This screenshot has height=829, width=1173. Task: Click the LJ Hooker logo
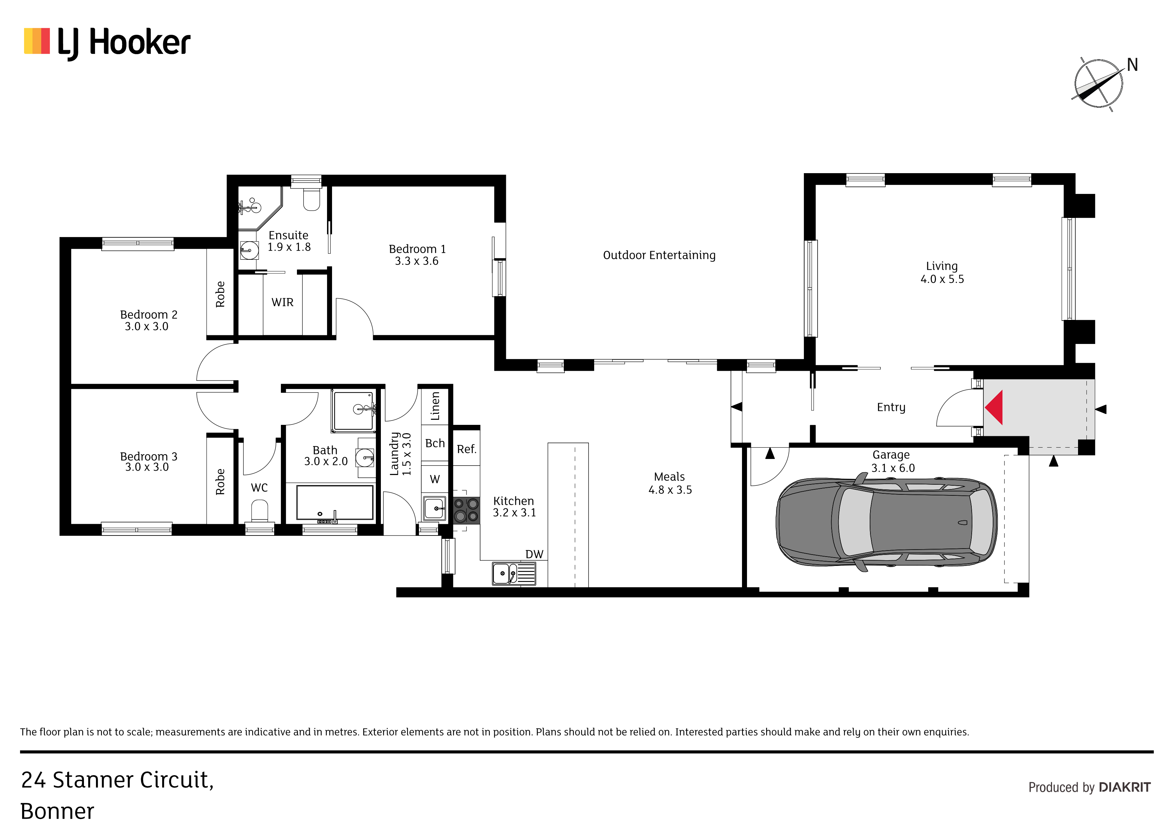(x=107, y=43)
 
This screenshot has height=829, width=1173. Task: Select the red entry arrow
(x=994, y=407)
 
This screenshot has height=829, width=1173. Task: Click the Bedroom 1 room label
(x=417, y=255)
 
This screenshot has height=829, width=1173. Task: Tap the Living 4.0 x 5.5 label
(x=942, y=272)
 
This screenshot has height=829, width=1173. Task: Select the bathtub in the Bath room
(x=335, y=503)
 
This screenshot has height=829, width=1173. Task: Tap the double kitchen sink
(x=514, y=573)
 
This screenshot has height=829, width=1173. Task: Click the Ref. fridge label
(x=466, y=449)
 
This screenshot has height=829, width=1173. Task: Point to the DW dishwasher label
(x=534, y=554)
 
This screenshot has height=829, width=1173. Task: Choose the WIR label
(x=283, y=303)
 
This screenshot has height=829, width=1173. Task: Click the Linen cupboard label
(x=435, y=406)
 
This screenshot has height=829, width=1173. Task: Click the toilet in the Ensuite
(x=312, y=198)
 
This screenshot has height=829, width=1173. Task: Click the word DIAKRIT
(x=1125, y=787)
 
